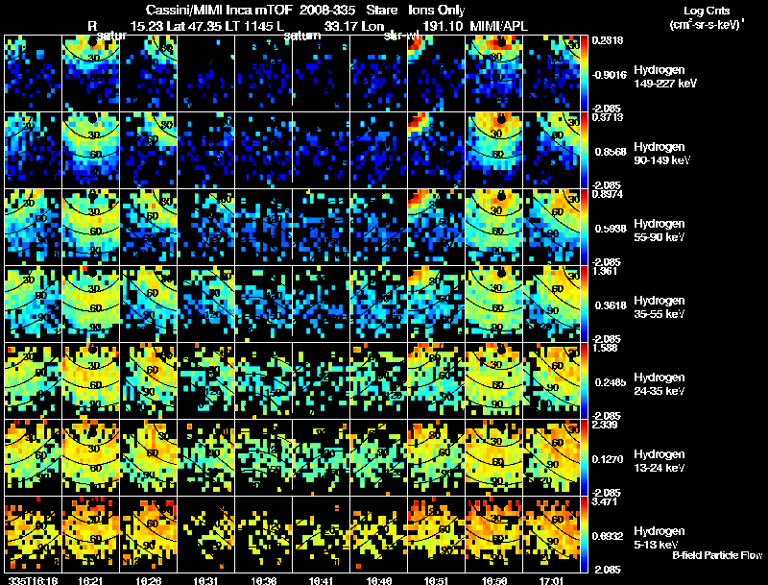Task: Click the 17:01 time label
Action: click(x=550, y=580)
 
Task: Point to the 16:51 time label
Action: click(x=435, y=580)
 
